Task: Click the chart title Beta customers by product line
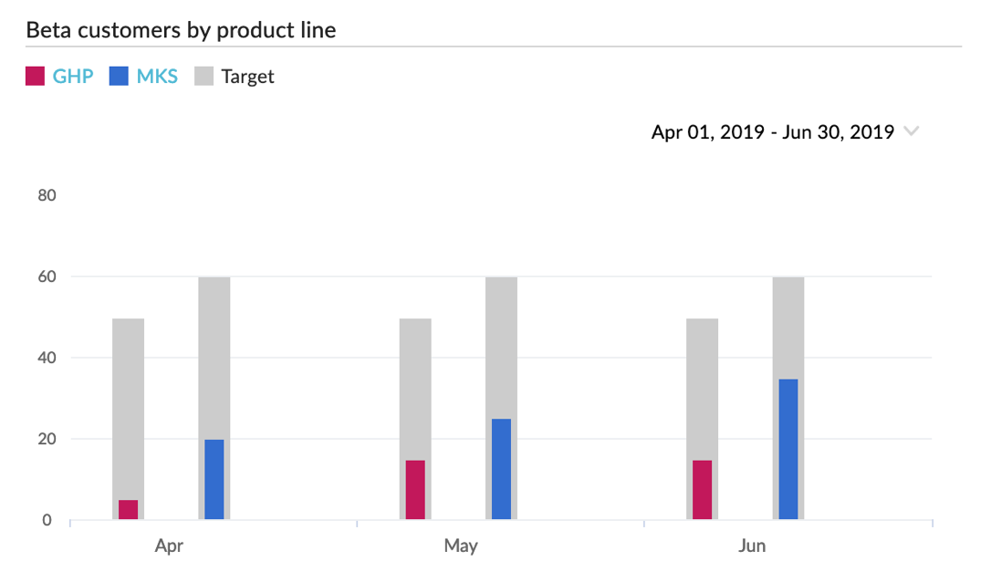[181, 30]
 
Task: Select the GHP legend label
[73, 77]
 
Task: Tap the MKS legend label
[157, 77]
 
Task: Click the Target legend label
[247, 77]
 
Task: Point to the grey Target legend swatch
[203, 77]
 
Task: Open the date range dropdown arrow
[911, 131]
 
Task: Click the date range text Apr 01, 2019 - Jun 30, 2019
[772, 132]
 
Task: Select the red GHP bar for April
[129, 510]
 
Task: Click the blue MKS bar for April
[214, 480]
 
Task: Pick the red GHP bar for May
[415, 490]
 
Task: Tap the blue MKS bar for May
[501, 470]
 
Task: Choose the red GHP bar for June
[702, 490]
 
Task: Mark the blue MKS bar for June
[788, 450]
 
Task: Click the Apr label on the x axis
[169, 546]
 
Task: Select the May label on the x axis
[461, 546]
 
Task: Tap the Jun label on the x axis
[752, 546]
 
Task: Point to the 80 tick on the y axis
[47, 194]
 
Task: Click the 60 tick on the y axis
[47, 275]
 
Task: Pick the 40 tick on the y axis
[47, 358]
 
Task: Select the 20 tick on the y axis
[47, 439]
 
